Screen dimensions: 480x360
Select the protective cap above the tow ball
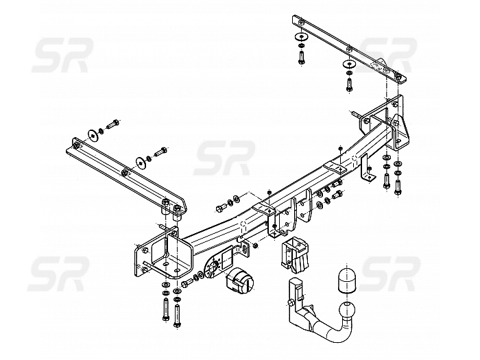point(347,280)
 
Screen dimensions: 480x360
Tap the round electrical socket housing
point(240,280)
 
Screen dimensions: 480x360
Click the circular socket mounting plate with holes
point(213,266)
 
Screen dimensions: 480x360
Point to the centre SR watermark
point(224,158)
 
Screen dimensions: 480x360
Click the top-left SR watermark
point(62,56)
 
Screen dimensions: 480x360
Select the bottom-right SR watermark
point(389,274)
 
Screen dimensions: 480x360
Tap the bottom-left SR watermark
point(59,274)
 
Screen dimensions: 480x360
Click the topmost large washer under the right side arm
point(301,37)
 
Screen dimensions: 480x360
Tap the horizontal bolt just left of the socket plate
point(187,283)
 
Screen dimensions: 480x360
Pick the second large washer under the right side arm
point(348,64)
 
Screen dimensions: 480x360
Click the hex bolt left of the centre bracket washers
point(220,207)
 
